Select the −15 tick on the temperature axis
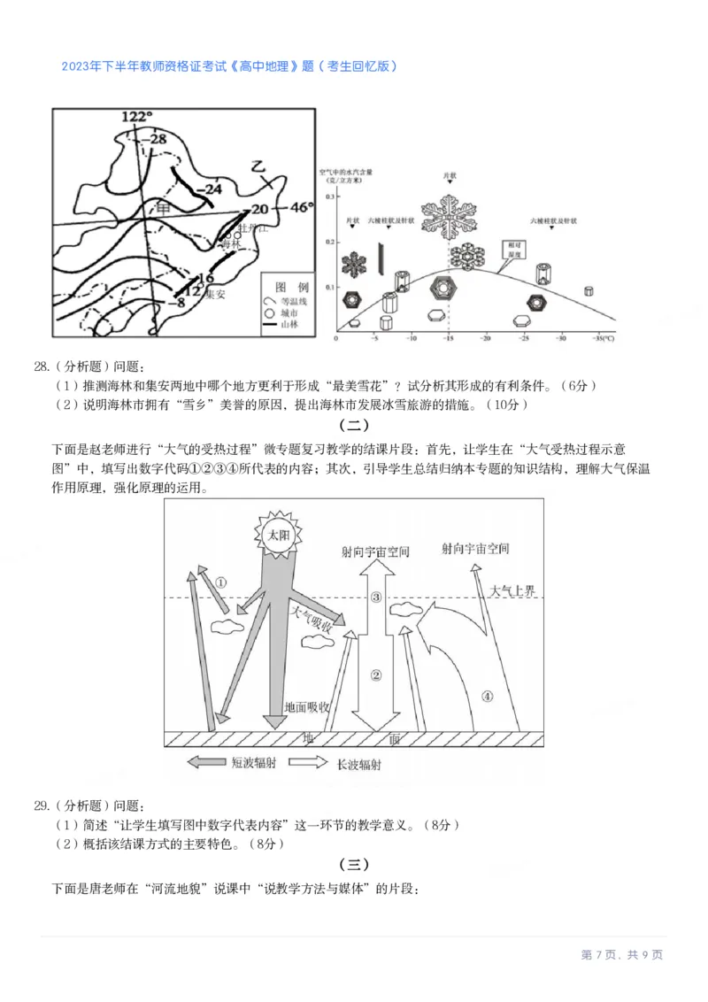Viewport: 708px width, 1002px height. point(449,339)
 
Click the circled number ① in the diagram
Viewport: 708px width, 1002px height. point(221,582)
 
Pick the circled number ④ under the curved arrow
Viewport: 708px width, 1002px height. point(486,696)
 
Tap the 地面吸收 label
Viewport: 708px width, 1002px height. point(306,708)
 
